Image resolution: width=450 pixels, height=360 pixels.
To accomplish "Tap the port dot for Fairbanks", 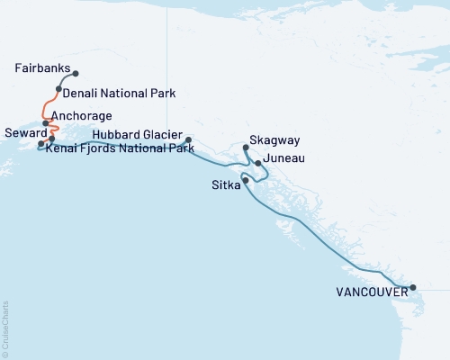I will (76, 74).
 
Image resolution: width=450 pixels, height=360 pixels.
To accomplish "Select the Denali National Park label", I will (119, 93).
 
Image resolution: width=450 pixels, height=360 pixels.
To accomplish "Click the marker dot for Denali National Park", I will (58, 89).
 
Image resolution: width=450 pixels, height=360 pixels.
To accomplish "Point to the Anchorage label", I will (82, 116).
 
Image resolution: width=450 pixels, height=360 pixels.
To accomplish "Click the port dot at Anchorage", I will (46, 123).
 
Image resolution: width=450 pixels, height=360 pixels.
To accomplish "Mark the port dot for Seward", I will (40, 144).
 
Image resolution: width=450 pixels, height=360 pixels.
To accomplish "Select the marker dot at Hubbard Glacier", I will (188, 140).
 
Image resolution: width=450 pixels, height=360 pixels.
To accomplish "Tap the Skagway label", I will (274, 141).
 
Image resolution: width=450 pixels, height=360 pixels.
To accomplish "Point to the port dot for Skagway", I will (247, 146).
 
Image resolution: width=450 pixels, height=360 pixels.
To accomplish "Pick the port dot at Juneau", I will (258, 164).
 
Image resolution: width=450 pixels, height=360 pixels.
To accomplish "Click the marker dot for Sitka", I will (246, 180).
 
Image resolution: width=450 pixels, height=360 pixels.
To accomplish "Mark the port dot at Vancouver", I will (413, 288).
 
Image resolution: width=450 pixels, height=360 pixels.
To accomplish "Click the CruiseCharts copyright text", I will (5, 328).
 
